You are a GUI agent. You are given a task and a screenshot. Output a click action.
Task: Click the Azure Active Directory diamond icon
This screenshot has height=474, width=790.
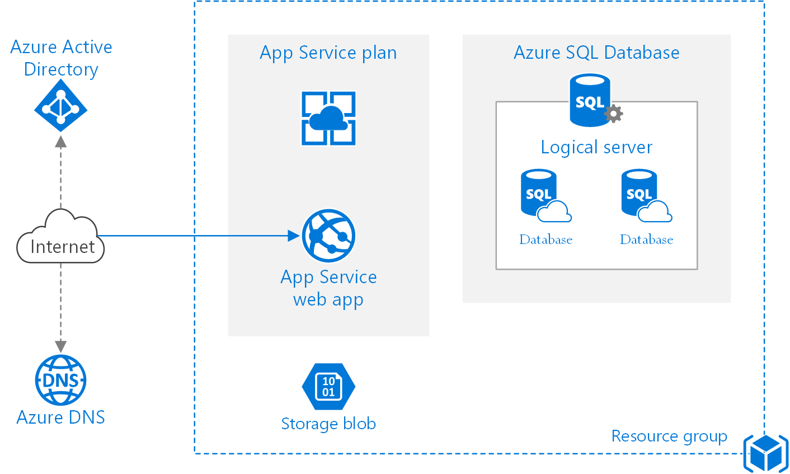click(60, 105)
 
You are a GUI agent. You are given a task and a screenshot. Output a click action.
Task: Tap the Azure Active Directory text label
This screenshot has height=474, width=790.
click(61, 58)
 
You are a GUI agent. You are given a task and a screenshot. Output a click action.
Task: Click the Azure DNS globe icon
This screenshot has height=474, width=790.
click(60, 380)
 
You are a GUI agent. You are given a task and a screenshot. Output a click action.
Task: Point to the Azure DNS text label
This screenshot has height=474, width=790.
click(60, 417)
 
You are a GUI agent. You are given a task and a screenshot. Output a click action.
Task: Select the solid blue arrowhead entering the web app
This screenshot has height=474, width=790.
click(294, 236)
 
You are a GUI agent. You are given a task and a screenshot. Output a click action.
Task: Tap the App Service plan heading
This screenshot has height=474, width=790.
click(328, 53)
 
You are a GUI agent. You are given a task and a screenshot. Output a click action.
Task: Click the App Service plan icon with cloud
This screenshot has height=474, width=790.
click(328, 118)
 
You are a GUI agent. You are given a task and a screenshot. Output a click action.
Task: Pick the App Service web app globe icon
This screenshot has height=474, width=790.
click(328, 236)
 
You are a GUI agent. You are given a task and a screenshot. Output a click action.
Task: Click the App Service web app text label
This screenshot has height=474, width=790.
click(328, 288)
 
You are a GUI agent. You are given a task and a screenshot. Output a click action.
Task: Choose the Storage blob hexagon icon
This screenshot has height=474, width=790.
click(328, 387)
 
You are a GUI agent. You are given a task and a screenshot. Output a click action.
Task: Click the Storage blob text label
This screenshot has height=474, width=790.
click(328, 424)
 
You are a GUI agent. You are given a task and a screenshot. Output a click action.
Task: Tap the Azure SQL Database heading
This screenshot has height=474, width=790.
click(596, 53)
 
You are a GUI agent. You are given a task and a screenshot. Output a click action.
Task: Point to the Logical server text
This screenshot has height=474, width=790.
click(596, 147)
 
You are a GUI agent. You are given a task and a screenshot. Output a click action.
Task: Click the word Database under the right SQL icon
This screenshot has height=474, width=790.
click(646, 240)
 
